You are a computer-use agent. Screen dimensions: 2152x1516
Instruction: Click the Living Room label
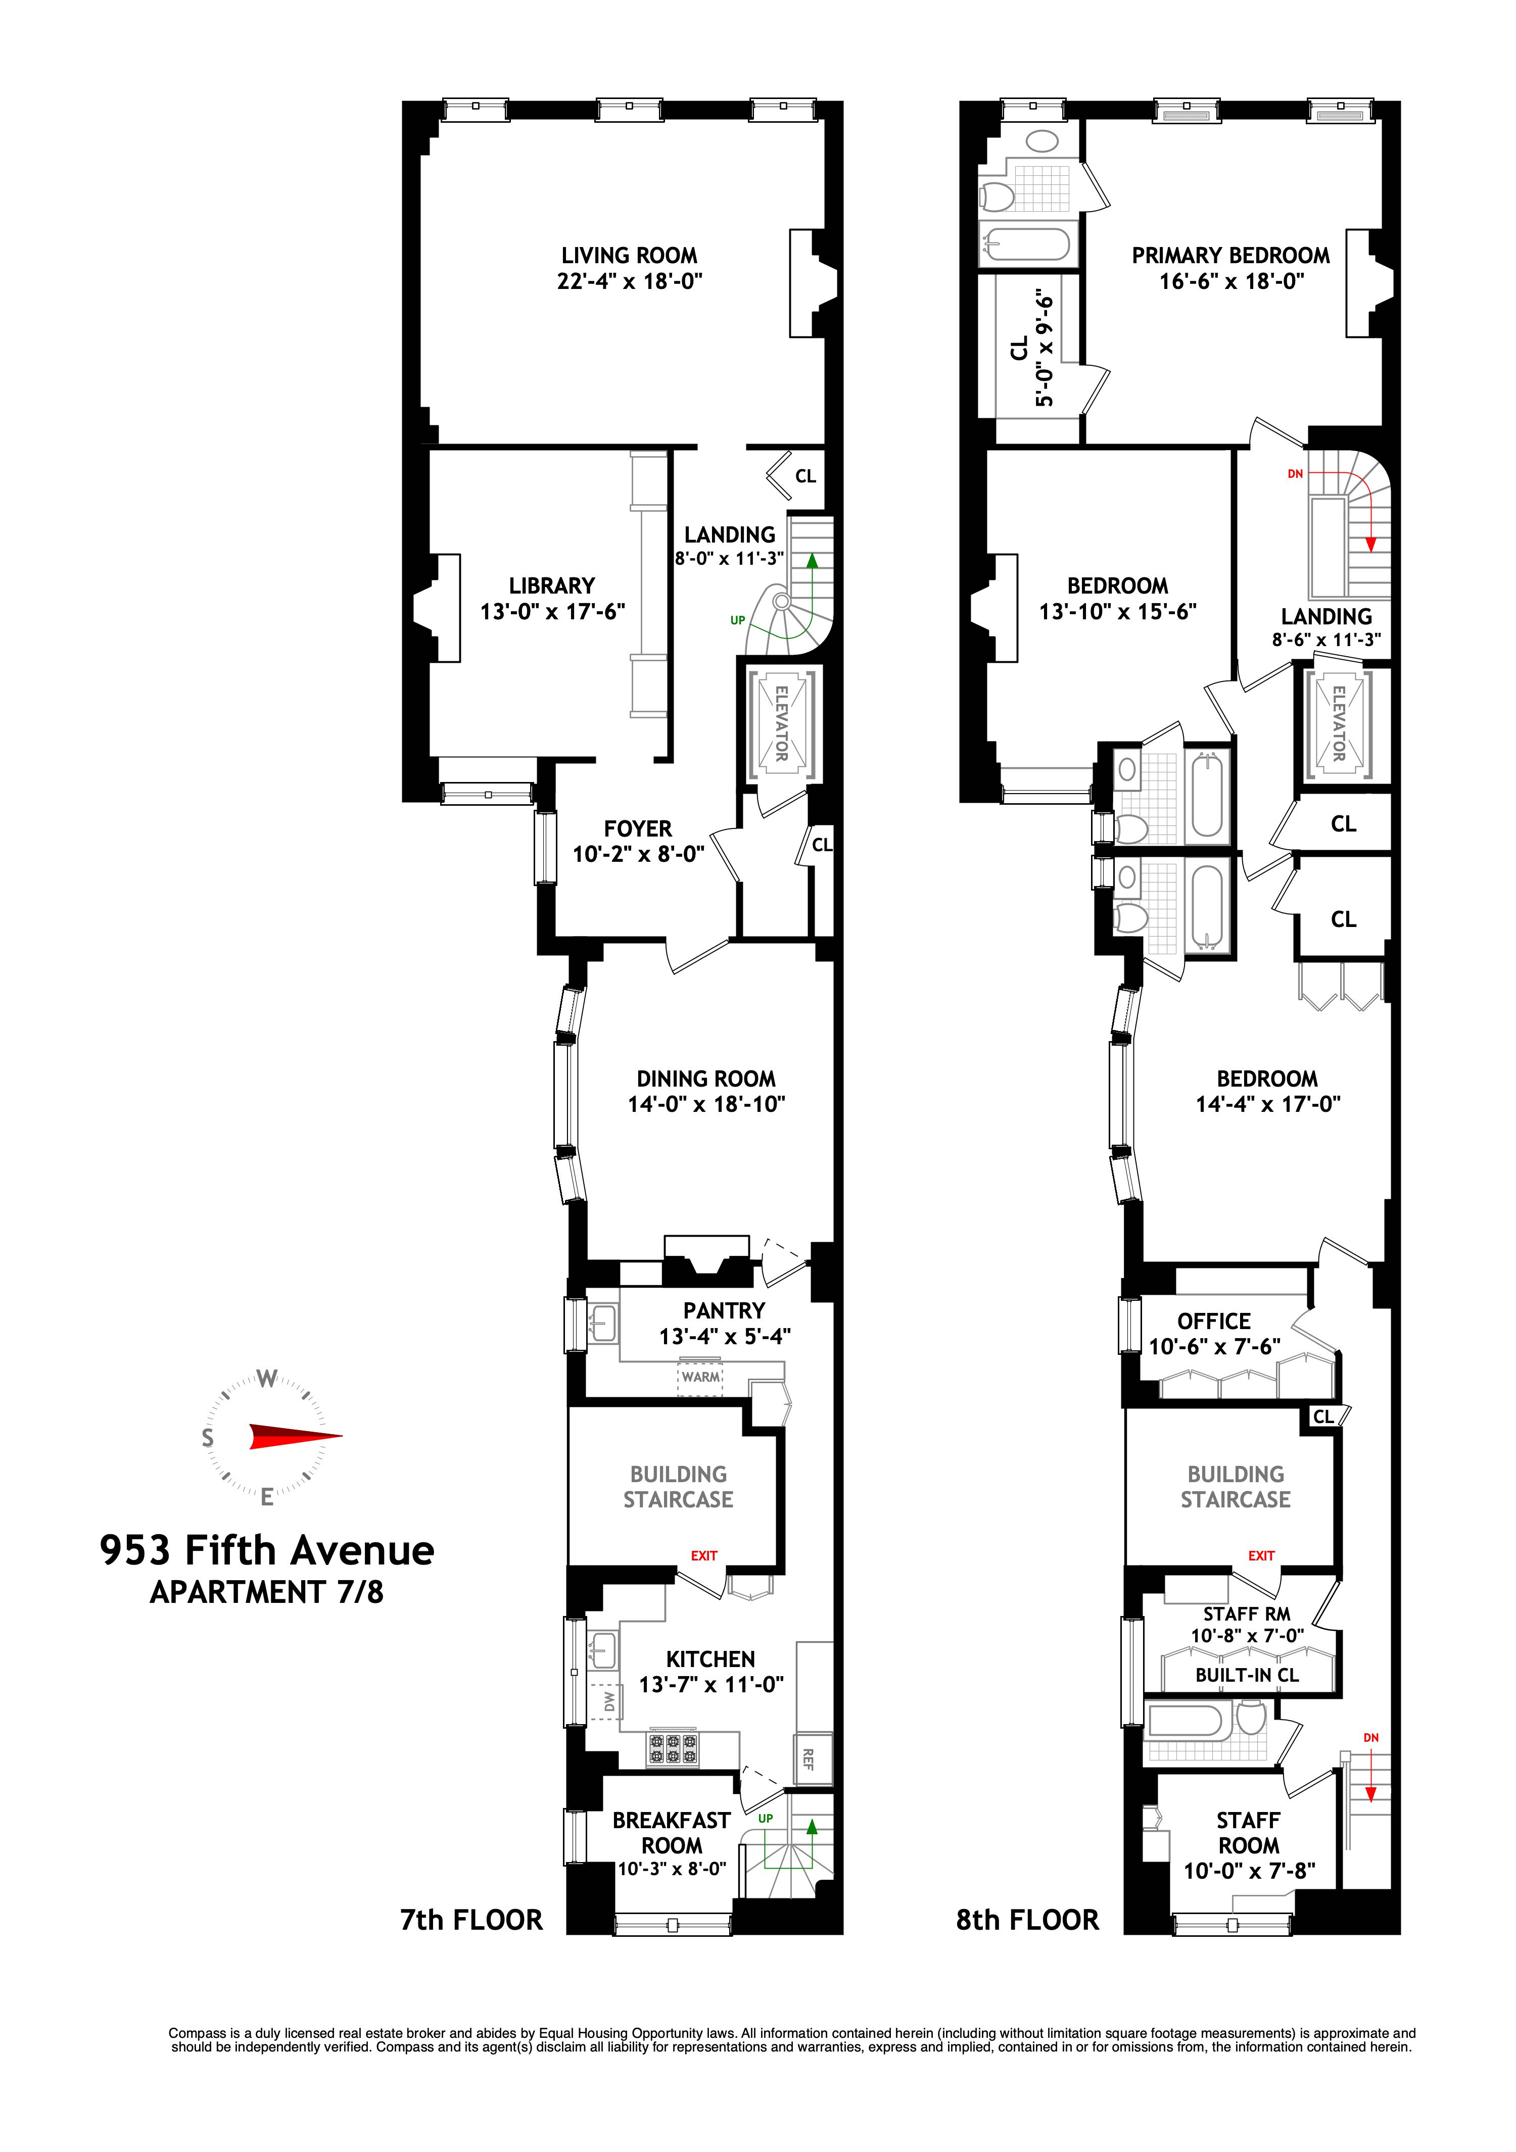629,255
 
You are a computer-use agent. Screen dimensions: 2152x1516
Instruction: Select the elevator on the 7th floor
781,723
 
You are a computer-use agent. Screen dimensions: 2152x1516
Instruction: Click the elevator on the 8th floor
1338,723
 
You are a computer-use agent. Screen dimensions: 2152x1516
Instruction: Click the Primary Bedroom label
1230,255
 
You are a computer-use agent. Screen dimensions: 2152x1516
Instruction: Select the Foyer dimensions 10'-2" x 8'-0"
638,854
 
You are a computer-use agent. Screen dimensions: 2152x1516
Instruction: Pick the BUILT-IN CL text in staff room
1247,1675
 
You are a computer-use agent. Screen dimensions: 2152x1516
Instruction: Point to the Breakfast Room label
671,1832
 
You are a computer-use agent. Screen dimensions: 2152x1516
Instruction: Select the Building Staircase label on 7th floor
678,1487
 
